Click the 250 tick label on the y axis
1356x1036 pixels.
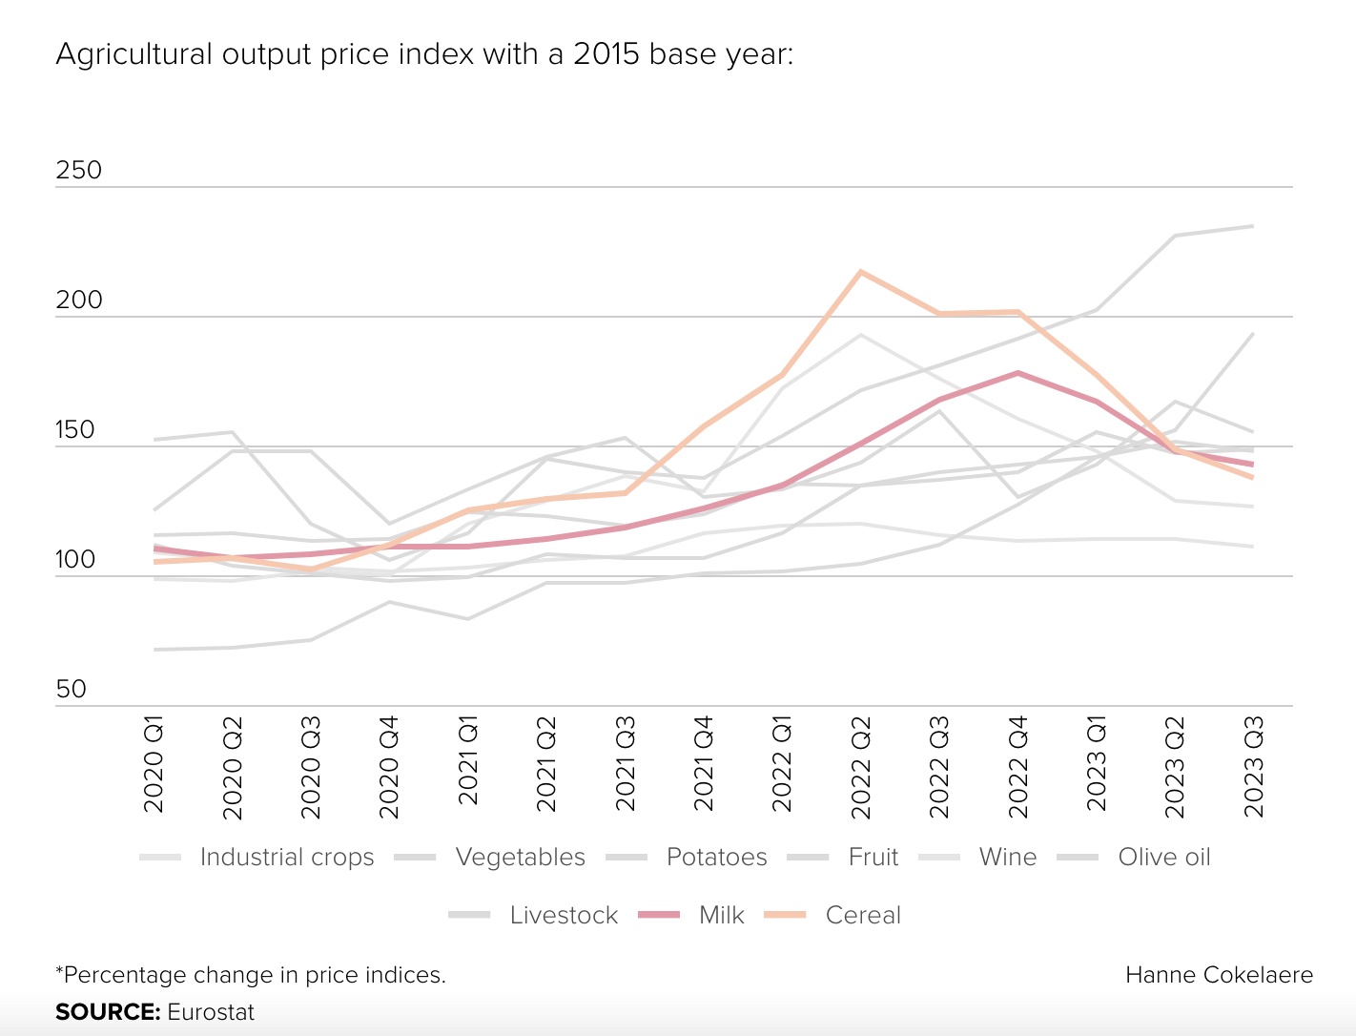click(x=78, y=171)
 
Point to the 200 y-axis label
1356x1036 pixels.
click(x=78, y=300)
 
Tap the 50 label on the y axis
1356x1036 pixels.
click(x=72, y=690)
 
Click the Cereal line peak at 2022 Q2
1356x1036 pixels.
click(x=861, y=272)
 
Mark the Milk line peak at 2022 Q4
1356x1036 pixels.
click(x=1018, y=373)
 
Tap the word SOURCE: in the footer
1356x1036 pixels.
click(x=107, y=1012)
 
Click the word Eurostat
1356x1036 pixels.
click(x=211, y=1012)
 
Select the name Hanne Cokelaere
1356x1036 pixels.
click(x=1219, y=975)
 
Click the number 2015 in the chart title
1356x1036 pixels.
click(x=606, y=53)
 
